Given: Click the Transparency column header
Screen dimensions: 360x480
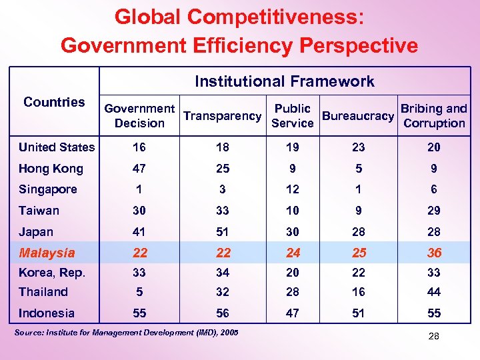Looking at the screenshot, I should tap(222, 116).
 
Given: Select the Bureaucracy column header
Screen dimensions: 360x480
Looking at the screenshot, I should tap(358, 116).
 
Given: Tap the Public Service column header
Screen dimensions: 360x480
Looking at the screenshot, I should tap(293, 116).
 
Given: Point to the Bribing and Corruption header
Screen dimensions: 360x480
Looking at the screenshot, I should tap(434, 116).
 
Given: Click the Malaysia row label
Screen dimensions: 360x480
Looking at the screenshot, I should tap(47, 253).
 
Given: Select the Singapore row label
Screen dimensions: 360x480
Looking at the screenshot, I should tap(48, 189).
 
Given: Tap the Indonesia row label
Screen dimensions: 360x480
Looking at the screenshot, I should tap(47, 313).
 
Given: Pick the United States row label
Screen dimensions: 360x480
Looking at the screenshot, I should tap(57, 147).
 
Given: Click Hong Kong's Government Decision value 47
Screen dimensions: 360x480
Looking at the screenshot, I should tap(139, 169).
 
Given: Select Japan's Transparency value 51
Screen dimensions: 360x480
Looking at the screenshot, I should tap(222, 232).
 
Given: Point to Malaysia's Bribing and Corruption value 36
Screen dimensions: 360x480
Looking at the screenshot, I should tap(434, 253).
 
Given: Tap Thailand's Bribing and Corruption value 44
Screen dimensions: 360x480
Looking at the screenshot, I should tap(434, 292).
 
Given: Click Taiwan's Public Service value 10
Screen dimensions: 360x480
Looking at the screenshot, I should tap(293, 211).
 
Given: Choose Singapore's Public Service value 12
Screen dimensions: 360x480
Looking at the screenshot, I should tap(293, 189).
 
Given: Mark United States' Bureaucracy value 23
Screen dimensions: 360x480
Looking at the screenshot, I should tap(358, 147).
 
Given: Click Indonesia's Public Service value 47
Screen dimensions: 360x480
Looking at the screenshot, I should tap(293, 313).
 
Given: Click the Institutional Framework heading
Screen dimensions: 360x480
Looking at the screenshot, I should tap(285, 81).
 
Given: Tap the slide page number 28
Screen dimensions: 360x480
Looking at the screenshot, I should tap(434, 337).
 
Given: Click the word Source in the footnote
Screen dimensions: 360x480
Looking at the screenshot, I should tap(29, 332).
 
